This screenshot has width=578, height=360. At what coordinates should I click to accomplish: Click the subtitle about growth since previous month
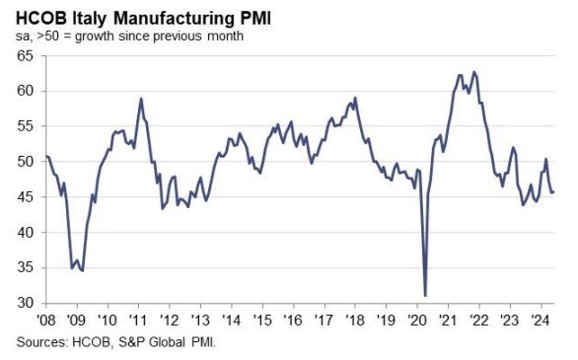click(130, 36)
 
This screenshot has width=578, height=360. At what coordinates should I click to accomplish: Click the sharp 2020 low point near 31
click(425, 295)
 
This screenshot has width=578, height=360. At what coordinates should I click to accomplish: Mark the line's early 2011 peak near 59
click(142, 99)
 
